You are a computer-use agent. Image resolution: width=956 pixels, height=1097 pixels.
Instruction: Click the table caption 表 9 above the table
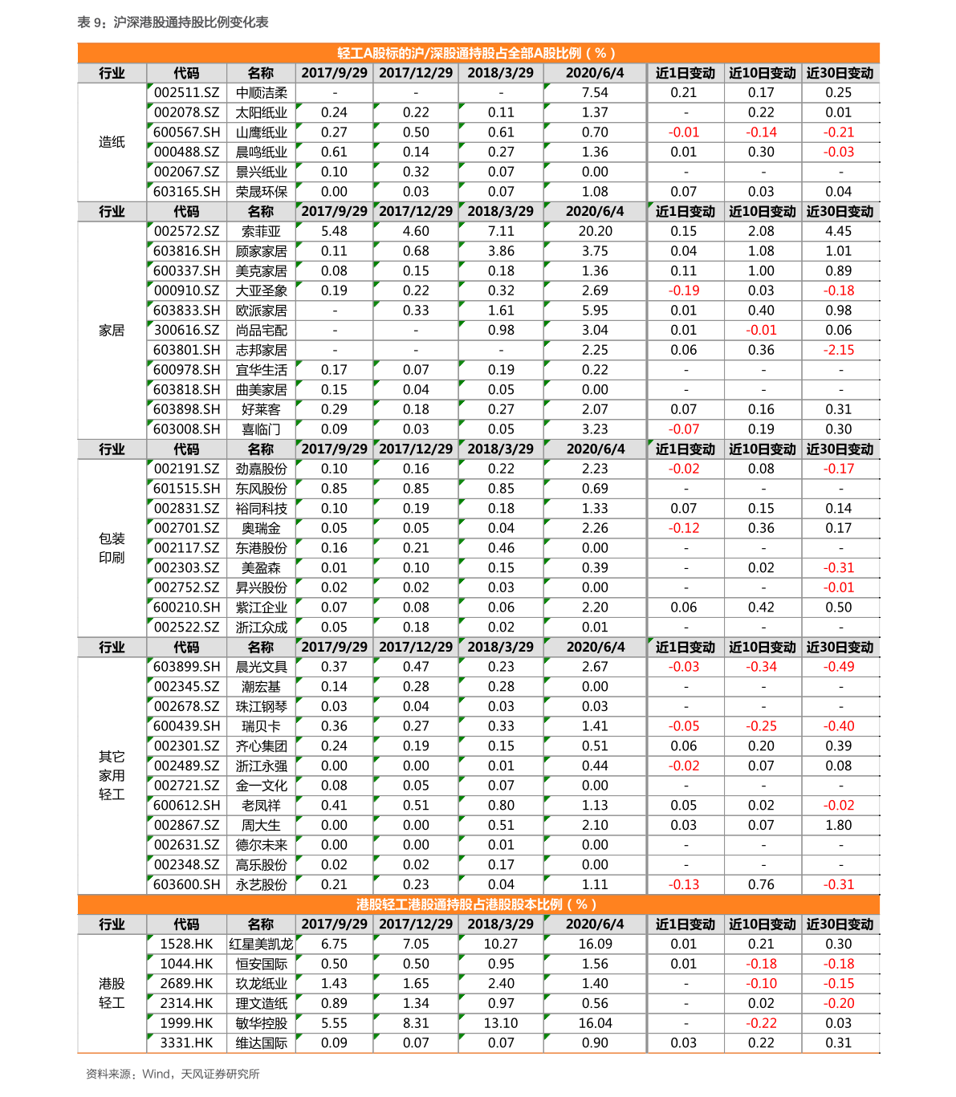coord(173,22)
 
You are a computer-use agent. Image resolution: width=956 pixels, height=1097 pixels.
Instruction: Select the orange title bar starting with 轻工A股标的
coord(478,53)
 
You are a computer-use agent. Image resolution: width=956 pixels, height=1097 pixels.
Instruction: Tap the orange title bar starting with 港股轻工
coord(478,904)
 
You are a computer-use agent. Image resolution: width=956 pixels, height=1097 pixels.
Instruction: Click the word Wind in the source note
coord(156,1074)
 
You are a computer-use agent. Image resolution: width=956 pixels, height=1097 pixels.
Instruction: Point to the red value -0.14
coord(761,132)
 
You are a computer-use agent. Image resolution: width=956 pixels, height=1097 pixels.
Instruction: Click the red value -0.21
coord(839,132)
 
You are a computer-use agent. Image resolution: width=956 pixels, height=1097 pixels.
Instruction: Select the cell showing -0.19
coord(684,291)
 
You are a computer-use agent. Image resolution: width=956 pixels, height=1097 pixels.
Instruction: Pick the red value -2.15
coord(839,350)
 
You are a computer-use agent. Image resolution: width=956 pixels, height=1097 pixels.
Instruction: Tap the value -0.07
coord(684,429)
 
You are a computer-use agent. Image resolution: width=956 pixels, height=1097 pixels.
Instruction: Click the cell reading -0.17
coord(839,469)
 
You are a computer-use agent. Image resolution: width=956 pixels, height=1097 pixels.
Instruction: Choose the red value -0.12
coord(684,528)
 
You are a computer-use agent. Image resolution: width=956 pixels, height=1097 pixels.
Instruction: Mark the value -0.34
coord(761,667)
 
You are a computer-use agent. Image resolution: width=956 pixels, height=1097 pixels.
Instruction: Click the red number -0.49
coord(839,667)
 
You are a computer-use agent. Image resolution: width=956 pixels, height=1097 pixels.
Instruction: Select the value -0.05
coord(684,726)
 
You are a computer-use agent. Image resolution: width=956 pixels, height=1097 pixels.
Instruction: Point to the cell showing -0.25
coord(761,726)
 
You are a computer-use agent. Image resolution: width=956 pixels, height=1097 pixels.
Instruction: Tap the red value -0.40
coord(839,726)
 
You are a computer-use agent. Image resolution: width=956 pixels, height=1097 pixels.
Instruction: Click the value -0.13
coord(684,884)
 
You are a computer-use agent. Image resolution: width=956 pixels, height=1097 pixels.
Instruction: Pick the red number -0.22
coord(761,1023)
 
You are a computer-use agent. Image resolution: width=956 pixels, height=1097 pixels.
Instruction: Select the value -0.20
coord(839,1003)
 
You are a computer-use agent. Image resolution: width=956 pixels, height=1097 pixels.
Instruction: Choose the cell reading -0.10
coord(761,984)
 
